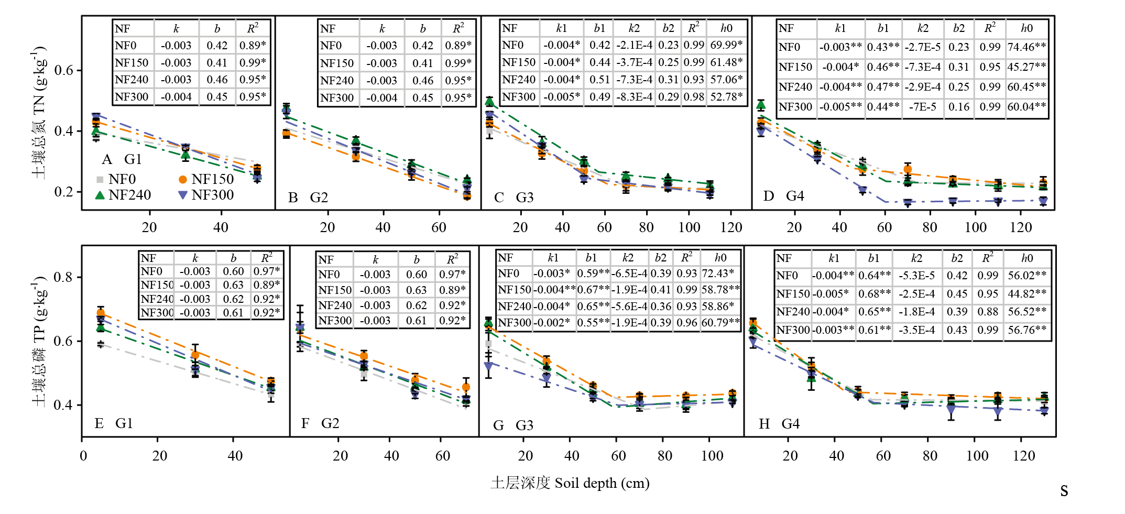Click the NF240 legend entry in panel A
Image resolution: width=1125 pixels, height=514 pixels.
pos(124,195)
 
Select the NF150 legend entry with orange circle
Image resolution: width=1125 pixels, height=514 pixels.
pos(206,179)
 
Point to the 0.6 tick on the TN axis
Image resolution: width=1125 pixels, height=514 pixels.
pos(64,70)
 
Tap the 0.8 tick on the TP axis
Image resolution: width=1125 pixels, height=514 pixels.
pos(63,277)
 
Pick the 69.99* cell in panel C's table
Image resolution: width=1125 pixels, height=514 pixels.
pos(726,45)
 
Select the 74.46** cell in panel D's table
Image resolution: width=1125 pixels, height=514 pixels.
pos(1026,47)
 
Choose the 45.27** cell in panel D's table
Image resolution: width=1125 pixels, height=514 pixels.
pos(1026,67)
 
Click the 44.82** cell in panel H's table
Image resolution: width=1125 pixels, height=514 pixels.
pos(1027,294)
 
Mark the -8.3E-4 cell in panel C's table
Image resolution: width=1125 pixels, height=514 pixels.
pos(634,97)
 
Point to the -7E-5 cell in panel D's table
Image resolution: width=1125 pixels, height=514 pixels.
pos(923,107)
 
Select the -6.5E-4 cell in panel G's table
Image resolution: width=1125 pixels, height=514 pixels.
pos(629,274)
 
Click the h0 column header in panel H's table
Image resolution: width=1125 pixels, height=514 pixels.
pos(1027,258)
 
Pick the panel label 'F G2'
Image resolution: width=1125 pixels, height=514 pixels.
pos(320,423)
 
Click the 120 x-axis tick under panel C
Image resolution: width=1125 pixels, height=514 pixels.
pos(731,227)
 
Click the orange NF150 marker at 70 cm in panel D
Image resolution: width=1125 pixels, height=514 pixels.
pos(908,170)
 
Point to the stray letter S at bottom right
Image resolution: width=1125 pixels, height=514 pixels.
pos(1064,491)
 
